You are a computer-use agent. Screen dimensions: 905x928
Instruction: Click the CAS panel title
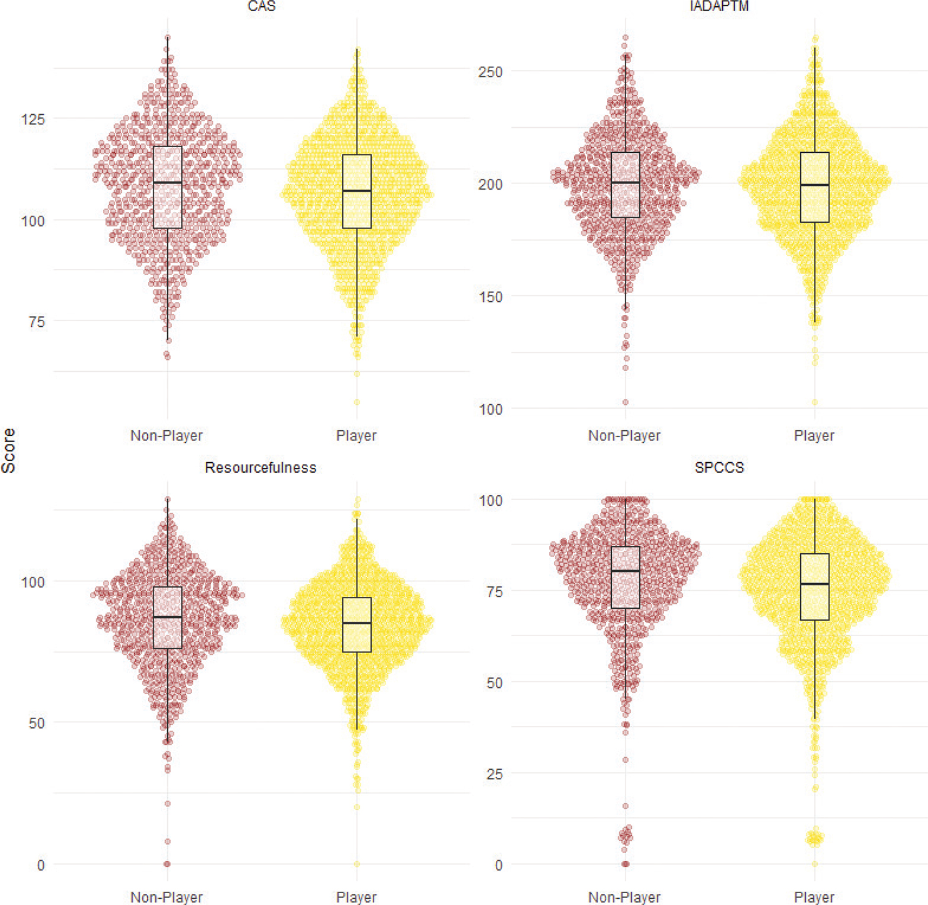point(261,6)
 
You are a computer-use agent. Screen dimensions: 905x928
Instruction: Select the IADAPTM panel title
point(719,6)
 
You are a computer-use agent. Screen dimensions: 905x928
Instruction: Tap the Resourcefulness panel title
point(261,468)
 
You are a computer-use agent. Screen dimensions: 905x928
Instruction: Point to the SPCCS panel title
point(719,468)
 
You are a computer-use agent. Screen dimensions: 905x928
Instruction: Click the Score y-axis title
point(9,450)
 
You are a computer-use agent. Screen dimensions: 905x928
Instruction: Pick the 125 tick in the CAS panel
point(33,119)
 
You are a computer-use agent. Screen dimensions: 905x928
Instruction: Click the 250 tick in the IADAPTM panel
point(490,72)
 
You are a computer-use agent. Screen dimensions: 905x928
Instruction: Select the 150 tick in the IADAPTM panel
point(490,297)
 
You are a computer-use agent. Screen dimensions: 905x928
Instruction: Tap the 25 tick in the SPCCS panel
point(495,774)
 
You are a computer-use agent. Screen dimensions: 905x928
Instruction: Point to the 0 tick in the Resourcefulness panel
point(41,865)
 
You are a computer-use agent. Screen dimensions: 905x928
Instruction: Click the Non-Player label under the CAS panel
point(167,435)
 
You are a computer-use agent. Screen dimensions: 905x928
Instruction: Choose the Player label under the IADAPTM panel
point(814,435)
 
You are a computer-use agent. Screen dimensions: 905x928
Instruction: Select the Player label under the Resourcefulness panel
point(356,898)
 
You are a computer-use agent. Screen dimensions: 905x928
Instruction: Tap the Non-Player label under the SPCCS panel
point(624,898)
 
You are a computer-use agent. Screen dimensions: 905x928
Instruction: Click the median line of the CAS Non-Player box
point(167,183)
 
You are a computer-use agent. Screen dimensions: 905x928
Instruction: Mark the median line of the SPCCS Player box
point(814,584)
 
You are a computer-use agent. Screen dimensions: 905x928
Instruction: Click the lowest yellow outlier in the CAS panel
point(357,402)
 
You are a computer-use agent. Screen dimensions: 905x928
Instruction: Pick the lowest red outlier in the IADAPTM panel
point(626,402)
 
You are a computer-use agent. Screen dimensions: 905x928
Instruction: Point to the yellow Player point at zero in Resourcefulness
point(357,864)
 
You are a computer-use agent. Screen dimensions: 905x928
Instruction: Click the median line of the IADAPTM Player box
point(814,185)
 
